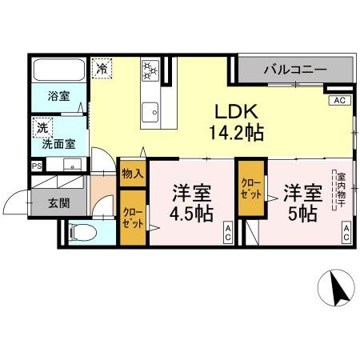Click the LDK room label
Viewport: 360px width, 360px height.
tap(233, 113)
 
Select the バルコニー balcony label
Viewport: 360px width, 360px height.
tap(295, 70)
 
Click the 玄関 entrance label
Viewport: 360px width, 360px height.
tap(58, 203)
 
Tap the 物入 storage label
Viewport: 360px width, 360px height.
tap(133, 173)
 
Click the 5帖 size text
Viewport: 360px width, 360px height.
tap(303, 214)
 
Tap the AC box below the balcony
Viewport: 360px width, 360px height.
tap(339, 102)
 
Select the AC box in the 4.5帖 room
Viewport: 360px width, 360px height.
tap(228, 234)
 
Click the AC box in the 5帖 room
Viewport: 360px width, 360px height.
tap(348, 234)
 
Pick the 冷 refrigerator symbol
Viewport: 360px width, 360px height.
tap(102, 69)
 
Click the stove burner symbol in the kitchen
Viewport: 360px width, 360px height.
tap(150, 70)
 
